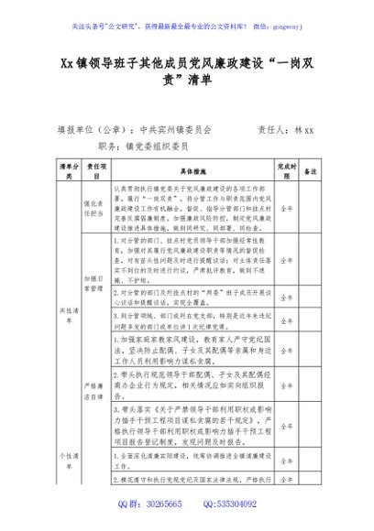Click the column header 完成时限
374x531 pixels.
(287, 171)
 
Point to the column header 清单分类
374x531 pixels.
(66, 171)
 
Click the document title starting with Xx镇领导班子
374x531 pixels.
(186, 71)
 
